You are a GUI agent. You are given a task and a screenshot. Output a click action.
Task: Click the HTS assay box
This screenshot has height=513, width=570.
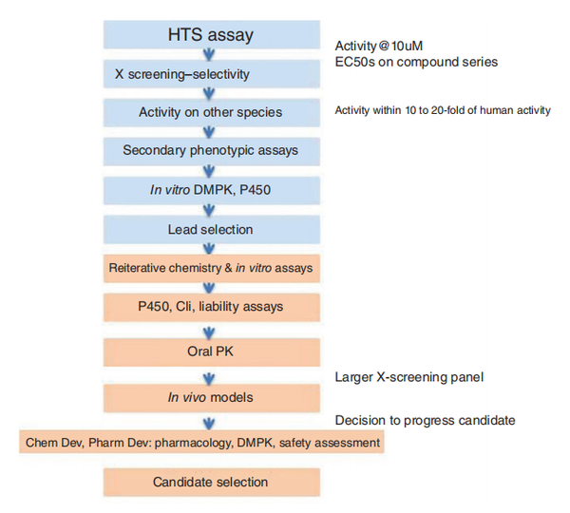point(212,34)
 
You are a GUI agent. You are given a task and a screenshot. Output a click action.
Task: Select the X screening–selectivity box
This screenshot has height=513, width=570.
point(212,74)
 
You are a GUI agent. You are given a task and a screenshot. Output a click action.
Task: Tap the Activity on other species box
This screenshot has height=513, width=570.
point(212,112)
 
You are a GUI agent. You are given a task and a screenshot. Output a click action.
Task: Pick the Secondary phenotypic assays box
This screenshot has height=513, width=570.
point(212,151)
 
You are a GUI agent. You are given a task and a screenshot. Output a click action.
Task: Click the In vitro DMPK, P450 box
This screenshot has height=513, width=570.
point(212,190)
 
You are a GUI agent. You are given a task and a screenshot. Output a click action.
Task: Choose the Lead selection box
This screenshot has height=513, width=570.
point(212,229)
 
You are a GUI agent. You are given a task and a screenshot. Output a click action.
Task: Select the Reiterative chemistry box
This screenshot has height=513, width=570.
point(212,268)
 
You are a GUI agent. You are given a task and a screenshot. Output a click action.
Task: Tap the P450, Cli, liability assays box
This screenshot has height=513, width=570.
point(212,307)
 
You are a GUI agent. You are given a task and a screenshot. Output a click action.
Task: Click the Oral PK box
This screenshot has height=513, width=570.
point(212,351)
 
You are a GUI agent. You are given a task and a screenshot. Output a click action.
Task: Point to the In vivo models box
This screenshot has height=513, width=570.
point(212,398)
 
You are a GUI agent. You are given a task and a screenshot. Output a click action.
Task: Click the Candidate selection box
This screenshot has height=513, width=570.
point(212,482)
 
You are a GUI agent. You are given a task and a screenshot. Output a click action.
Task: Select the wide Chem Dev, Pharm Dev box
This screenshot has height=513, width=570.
point(201,442)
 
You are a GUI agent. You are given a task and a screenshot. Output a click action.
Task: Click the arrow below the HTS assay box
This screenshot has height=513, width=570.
point(209,54)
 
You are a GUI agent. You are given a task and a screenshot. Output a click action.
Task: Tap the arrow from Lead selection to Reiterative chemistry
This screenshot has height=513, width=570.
point(209,249)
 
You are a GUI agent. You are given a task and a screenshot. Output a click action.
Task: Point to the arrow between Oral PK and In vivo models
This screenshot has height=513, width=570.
point(209,378)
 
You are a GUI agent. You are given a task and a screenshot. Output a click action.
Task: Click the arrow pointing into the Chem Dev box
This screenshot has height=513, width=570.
point(209,424)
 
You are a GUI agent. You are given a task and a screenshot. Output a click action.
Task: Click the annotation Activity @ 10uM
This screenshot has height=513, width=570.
point(379,47)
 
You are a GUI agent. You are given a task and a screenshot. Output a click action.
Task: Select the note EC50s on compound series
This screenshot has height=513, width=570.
point(416,62)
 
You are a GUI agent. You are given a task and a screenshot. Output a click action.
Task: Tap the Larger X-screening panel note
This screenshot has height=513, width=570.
point(409,377)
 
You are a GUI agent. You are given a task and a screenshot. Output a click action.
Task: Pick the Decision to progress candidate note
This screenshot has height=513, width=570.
point(425,421)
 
